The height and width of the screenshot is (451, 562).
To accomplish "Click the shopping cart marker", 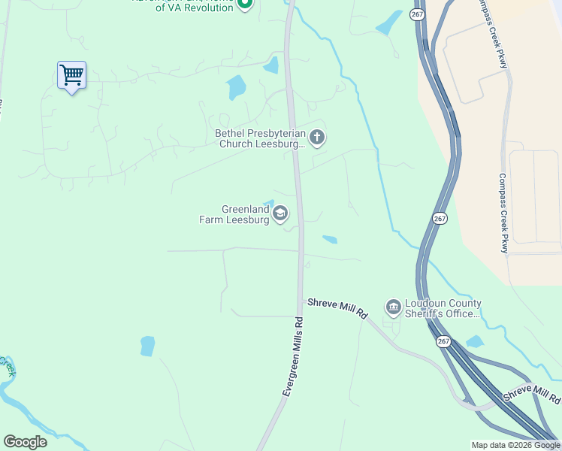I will coord(71,75).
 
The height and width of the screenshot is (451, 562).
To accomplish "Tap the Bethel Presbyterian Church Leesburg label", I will coord(260,138).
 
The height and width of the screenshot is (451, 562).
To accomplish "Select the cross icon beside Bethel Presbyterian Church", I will coord(317,138).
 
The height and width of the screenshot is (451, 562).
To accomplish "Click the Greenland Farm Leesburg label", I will coord(234,215).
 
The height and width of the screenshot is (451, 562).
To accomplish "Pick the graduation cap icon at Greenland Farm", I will coord(280,213).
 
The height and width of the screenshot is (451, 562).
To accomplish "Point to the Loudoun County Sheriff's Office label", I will coord(443,308).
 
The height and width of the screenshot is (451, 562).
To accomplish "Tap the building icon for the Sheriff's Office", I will coord(393,307).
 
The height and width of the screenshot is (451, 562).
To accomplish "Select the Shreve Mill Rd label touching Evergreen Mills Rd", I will coord(337,309).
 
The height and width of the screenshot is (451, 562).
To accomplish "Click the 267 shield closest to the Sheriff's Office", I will coord(443,341).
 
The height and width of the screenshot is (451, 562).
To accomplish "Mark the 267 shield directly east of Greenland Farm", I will coord(440,218).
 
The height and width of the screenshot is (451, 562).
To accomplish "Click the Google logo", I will coord(25,442).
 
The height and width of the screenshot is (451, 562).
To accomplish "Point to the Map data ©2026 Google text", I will coord(516,445).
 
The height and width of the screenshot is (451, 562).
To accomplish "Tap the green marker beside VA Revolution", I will coord(244,5).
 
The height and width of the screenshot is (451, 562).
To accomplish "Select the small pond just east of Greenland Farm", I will coord(329,241).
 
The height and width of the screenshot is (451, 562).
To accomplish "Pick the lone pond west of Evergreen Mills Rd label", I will coord(147,346).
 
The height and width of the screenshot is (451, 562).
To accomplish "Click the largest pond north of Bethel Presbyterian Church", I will coord(236,87).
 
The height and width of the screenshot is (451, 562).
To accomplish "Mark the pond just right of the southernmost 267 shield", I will coord(474,342).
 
